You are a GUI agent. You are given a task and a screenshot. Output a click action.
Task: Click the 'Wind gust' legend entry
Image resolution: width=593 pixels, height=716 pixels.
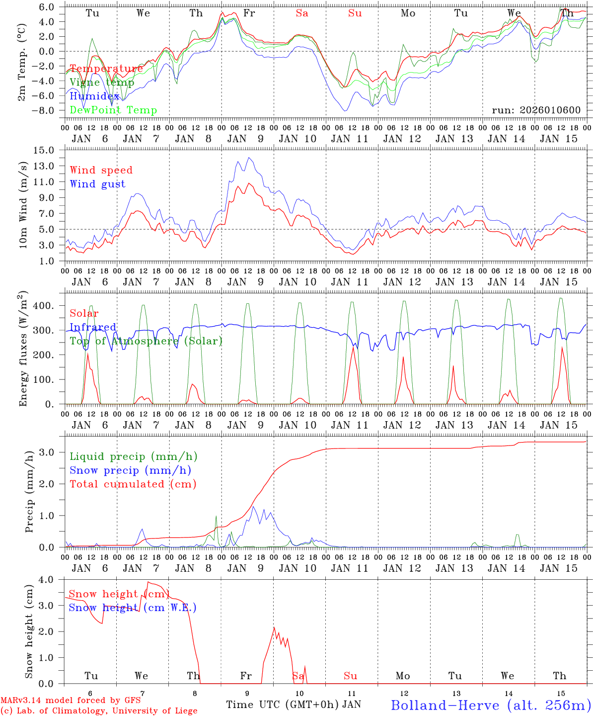point(97,184)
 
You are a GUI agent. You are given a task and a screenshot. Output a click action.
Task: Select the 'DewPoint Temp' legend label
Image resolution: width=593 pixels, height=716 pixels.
point(113,110)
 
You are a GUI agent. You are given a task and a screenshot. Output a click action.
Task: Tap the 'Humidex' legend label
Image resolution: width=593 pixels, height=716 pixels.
point(94,96)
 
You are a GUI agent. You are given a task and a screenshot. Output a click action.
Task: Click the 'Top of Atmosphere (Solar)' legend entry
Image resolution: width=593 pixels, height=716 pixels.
point(146,341)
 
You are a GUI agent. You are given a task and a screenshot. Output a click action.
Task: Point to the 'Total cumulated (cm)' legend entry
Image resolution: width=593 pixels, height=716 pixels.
point(133,484)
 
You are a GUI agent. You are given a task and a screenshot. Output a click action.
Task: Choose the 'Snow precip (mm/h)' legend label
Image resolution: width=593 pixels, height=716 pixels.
point(130,470)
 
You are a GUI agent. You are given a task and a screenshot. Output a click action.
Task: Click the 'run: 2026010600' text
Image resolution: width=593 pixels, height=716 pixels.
point(536,110)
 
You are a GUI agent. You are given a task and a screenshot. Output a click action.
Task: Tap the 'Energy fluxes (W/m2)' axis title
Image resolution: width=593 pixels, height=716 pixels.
point(23,350)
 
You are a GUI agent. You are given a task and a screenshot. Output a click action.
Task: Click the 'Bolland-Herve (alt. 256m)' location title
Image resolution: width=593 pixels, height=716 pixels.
point(490,705)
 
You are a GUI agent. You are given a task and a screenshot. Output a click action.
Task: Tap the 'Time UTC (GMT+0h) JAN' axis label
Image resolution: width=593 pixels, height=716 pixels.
point(294,705)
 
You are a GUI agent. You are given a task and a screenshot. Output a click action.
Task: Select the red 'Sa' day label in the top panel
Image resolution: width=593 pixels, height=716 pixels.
point(302,13)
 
